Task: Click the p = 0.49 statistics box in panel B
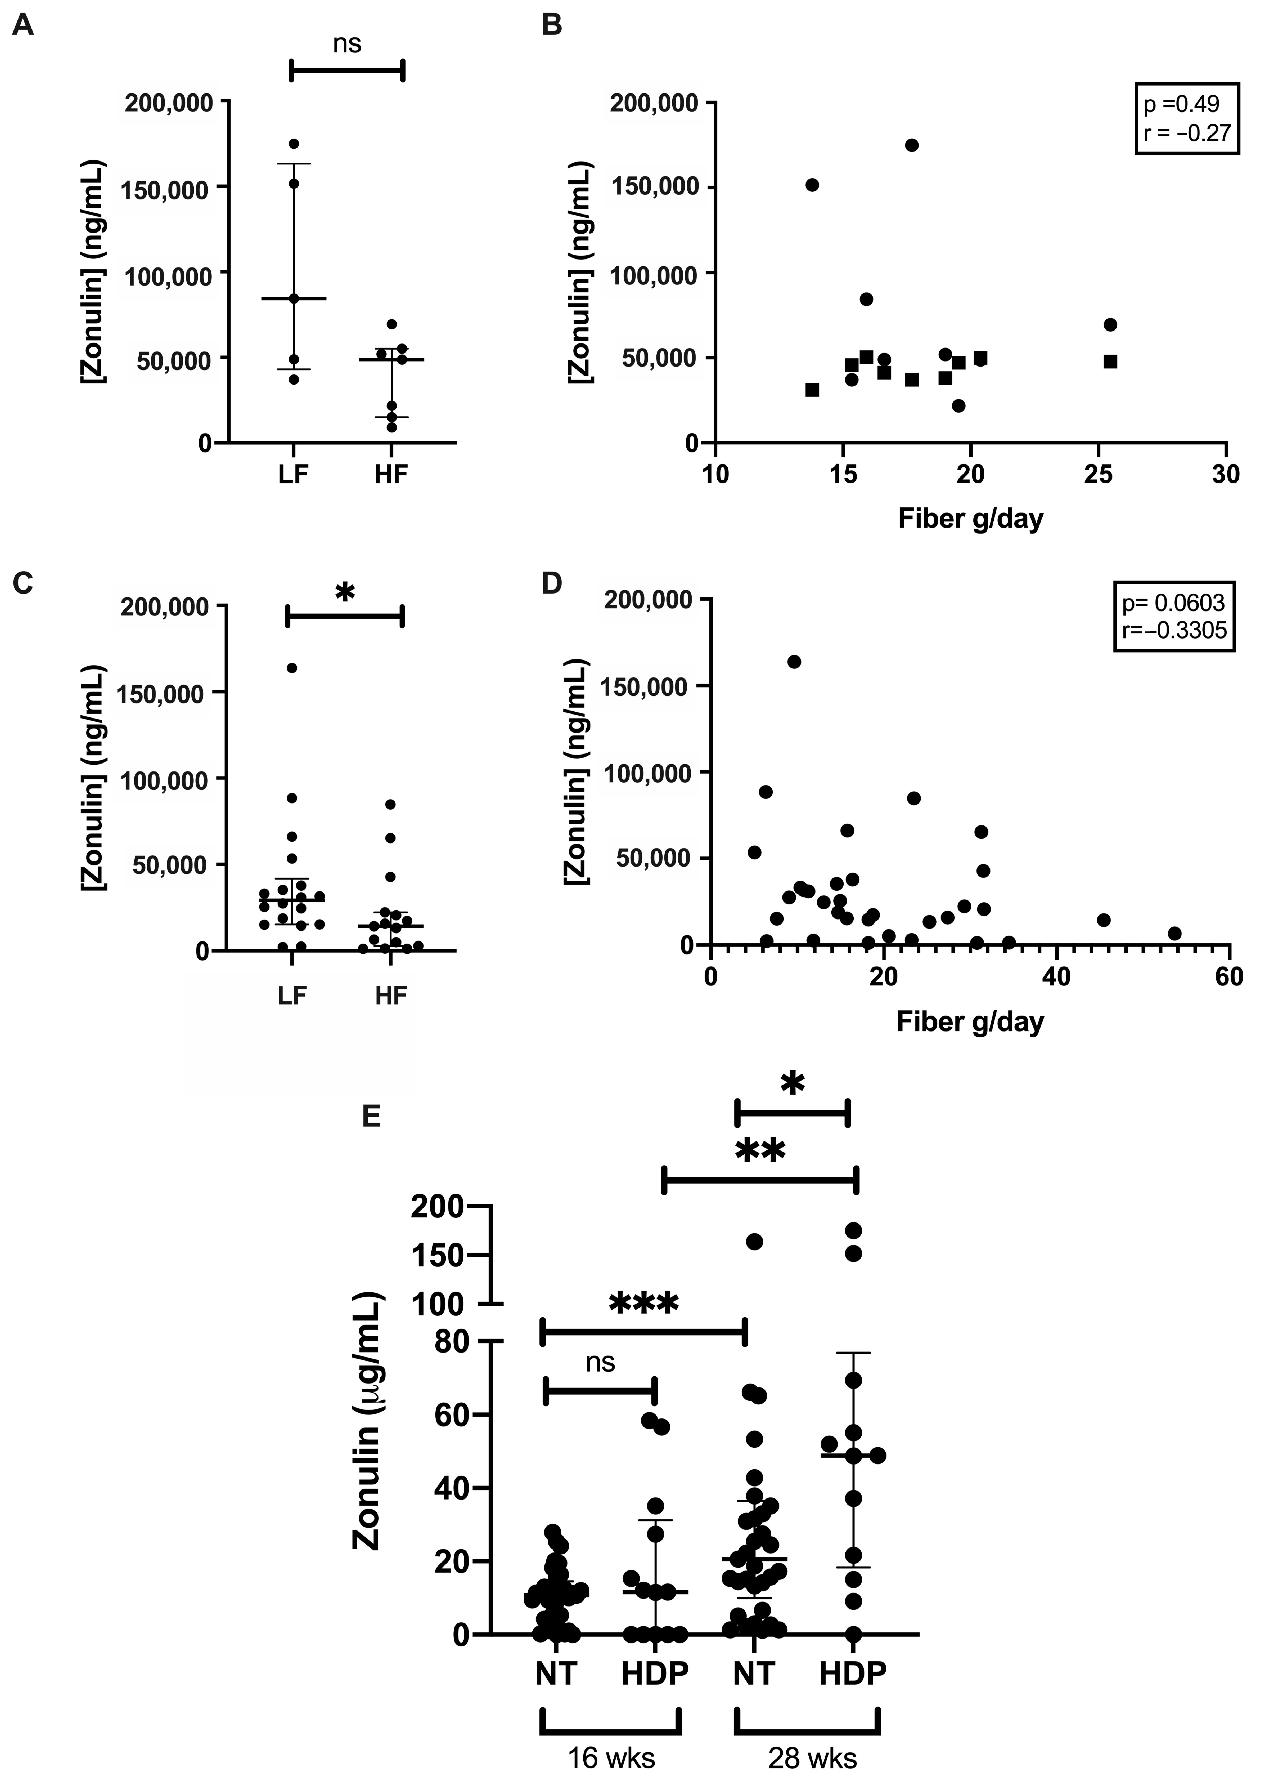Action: (1186, 118)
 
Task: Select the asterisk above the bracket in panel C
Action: (345, 594)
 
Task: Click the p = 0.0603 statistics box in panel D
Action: (1173, 615)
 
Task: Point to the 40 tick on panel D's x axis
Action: (1056, 976)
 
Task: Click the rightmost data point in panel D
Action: (1175, 934)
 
